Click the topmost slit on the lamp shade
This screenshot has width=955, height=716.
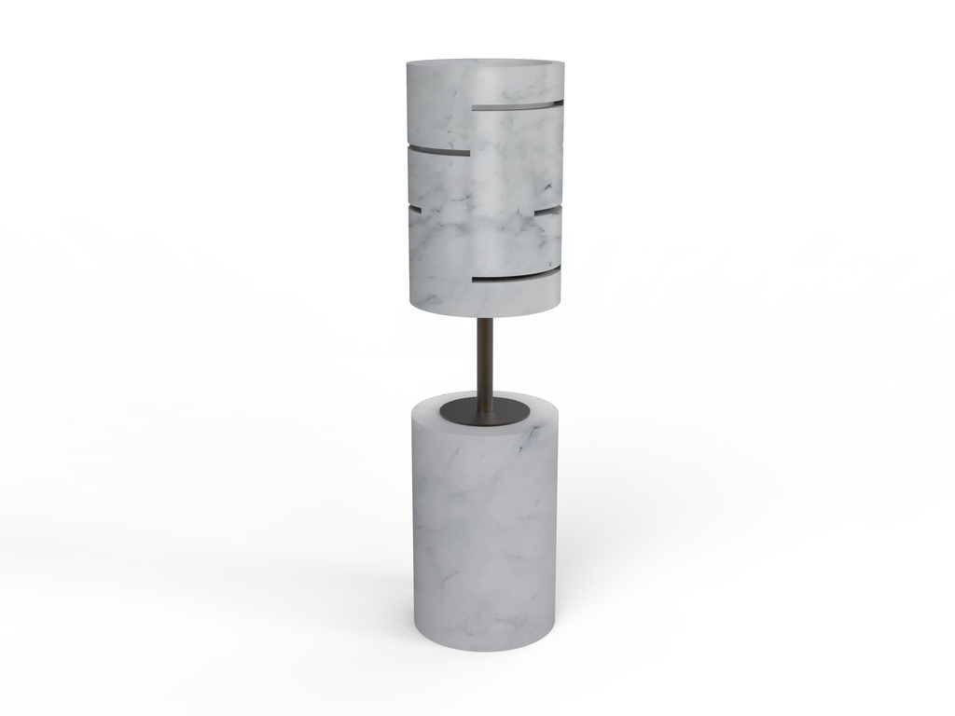518,106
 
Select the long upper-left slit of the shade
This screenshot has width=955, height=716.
439,149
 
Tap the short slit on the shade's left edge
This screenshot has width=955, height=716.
414,210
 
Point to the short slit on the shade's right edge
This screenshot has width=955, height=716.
548,213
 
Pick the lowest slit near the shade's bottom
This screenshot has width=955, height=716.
516,278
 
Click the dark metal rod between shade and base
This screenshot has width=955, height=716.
485,359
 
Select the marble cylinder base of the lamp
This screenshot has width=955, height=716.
485,541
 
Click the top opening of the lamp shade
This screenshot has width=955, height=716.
485,63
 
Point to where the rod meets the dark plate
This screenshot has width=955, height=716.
485,407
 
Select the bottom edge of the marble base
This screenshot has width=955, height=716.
485,647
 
